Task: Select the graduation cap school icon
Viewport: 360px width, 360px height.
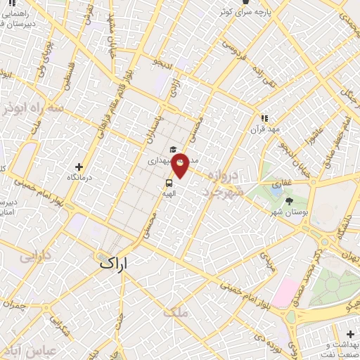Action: [x=172, y=149]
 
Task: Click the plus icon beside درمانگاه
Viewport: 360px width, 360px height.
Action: [x=79, y=167]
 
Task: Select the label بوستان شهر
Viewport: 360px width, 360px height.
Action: [x=290, y=212]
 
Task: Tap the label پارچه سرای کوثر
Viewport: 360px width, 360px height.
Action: [x=242, y=12]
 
